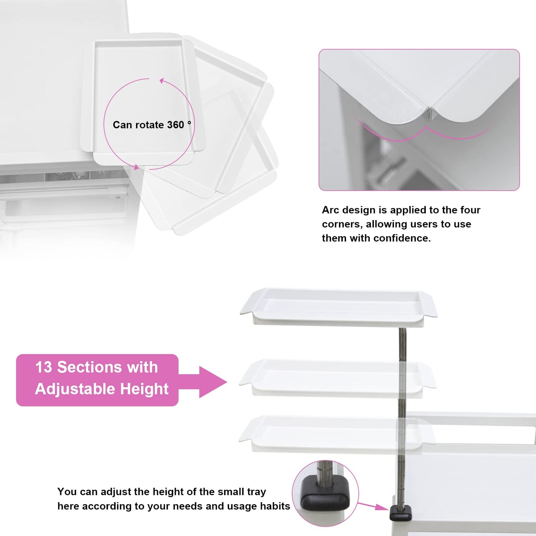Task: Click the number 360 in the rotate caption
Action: (x=175, y=125)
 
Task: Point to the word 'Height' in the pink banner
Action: (x=144, y=389)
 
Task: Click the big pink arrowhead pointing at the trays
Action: (x=213, y=382)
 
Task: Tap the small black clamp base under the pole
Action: (x=401, y=513)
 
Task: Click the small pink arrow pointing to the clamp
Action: (x=373, y=506)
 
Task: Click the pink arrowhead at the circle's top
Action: (x=162, y=80)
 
